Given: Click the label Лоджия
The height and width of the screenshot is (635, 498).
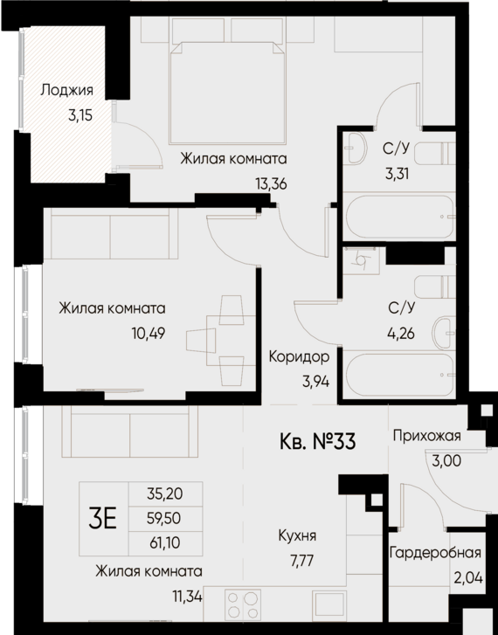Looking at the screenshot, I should point(66,90).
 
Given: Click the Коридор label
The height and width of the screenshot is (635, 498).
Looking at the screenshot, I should point(299,356).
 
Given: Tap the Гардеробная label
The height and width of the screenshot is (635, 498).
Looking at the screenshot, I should point(436,555).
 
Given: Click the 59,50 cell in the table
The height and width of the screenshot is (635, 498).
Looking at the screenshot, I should point(164,518).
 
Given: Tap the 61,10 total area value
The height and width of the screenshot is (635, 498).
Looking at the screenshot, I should point(164,542).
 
